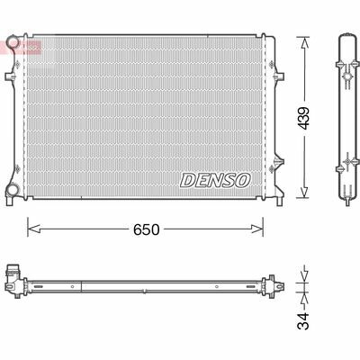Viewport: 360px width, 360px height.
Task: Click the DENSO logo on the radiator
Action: (x=215, y=180)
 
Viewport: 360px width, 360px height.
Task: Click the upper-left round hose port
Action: (x=12, y=41)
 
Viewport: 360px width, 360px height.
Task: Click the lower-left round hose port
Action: (x=12, y=190)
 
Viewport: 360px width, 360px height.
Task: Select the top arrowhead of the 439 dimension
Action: (x=304, y=38)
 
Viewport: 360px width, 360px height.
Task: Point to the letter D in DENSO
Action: (x=187, y=180)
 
